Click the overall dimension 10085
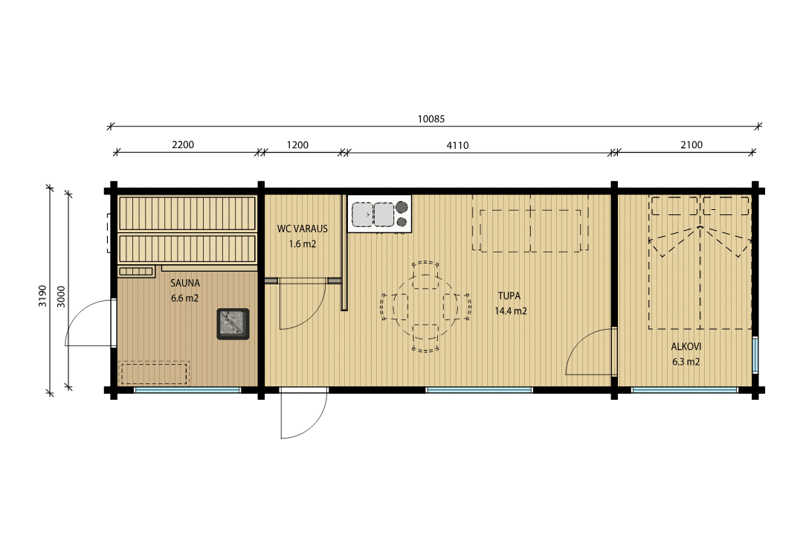431,119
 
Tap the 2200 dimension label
183,144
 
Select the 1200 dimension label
297,144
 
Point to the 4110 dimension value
457,145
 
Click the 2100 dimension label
691,144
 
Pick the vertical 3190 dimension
42,296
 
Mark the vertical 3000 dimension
61,296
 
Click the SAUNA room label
185,283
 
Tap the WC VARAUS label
302,229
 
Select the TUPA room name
509,296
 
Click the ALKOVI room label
686,347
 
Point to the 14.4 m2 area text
511,311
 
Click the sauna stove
233,324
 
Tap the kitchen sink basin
363,214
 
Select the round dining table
425,307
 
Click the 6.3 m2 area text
686,362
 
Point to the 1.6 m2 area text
302,243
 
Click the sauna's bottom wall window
187,390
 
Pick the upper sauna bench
187,214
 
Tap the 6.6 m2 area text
185,298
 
